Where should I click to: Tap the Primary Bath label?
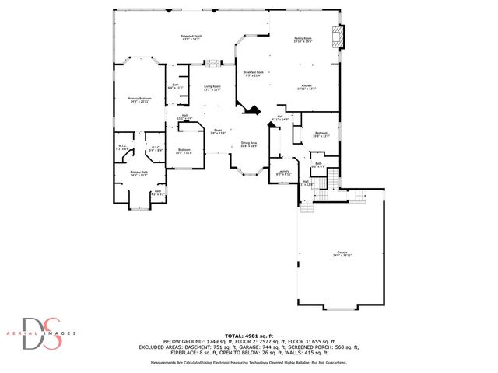click(x=139, y=173)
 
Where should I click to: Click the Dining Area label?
click(x=249, y=144)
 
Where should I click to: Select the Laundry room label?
click(x=283, y=173)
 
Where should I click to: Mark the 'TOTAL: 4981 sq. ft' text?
click(x=249, y=334)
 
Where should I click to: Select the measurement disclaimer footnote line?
click(x=249, y=362)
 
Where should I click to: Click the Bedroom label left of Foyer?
click(x=184, y=151)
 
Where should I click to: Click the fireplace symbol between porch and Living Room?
click(x=211, y=64)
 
